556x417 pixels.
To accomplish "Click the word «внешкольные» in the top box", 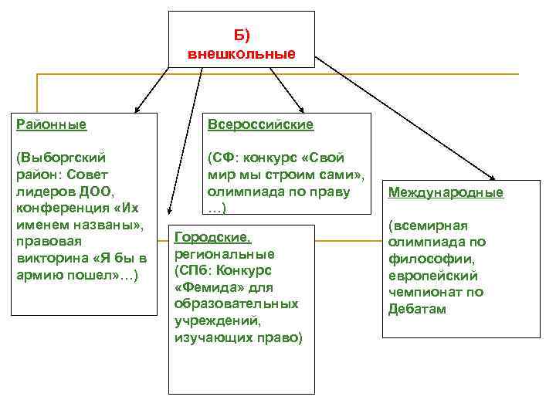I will coord(241,54).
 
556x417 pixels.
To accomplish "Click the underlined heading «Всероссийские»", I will coord(259,124).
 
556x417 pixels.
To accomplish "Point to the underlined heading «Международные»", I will coord(446,192).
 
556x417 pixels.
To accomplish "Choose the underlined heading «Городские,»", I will coord(213,237).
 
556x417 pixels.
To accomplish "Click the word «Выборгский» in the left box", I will coord(60,157).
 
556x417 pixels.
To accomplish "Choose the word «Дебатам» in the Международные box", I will coord(417,310).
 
